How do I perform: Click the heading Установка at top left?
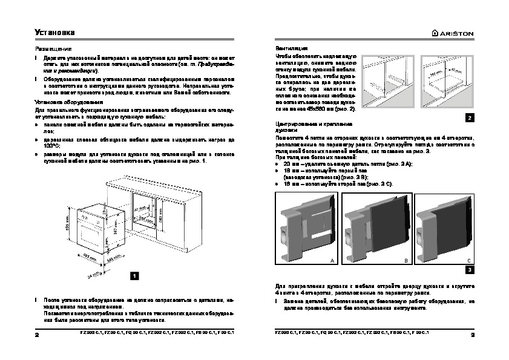point(53,33)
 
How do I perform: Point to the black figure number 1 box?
point(135,275)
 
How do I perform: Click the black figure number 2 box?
point(469,117)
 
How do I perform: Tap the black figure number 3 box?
point(469,269)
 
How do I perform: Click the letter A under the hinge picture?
point(332,259)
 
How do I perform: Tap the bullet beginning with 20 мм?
point(327,164)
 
